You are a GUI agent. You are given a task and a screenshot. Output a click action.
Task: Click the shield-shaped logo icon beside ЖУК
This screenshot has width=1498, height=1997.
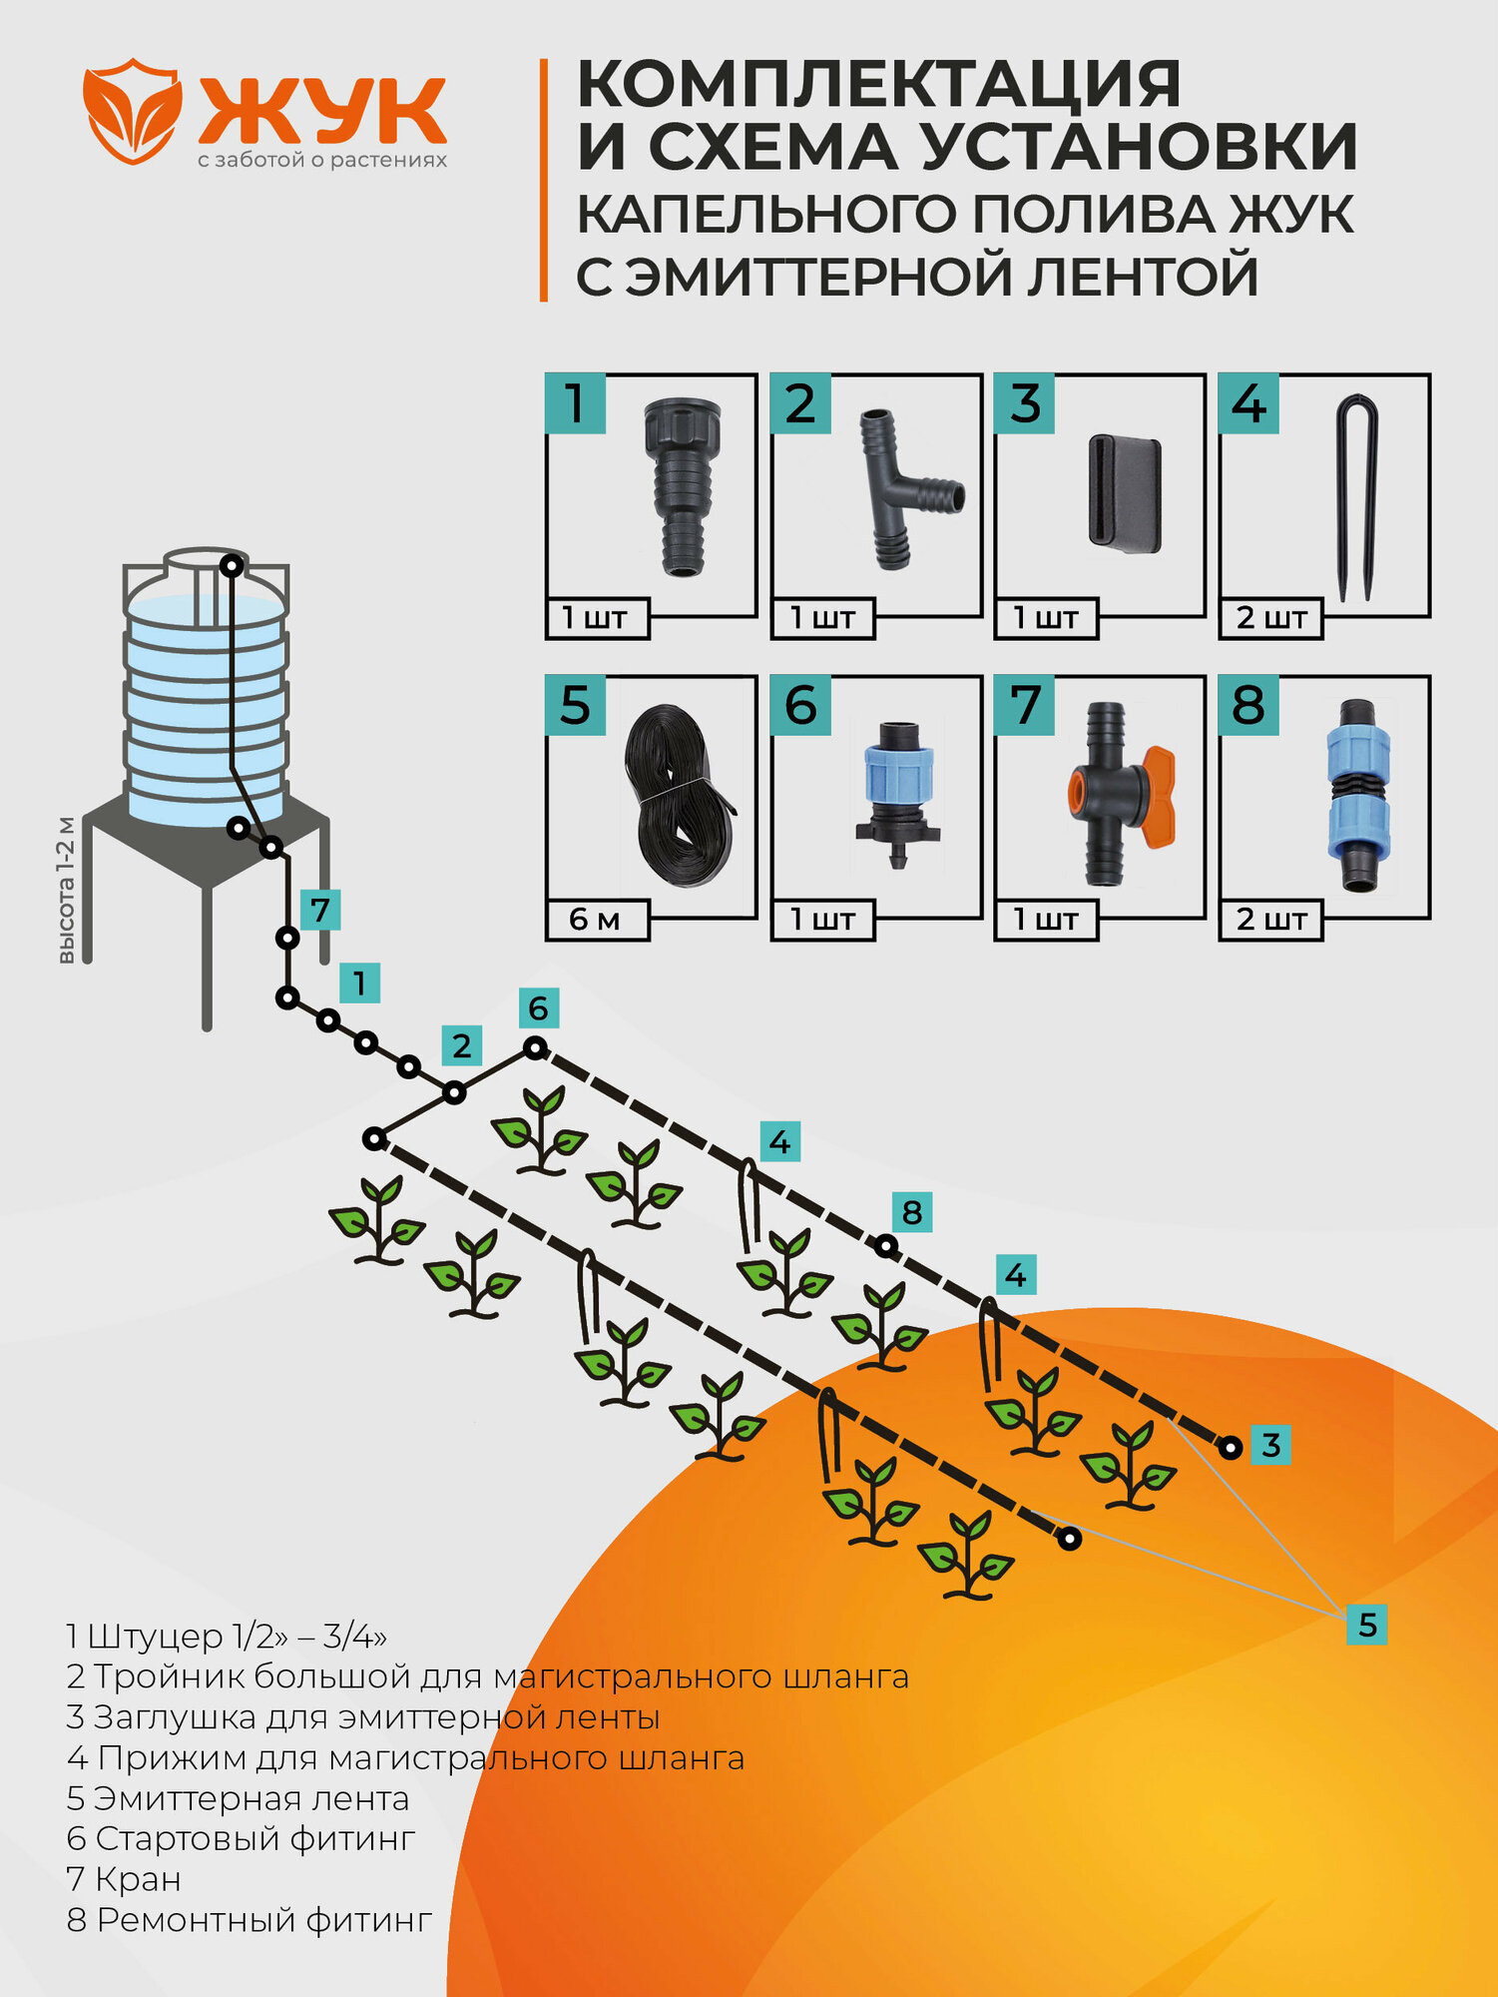(x=133, y=111)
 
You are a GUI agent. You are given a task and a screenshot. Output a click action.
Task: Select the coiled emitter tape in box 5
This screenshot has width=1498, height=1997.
(x=678, y=795)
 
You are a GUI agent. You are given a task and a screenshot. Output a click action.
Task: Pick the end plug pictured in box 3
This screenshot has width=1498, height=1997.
(x=1125, y=492)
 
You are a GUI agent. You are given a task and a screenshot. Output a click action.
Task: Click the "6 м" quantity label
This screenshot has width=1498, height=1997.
(x=596, y=920)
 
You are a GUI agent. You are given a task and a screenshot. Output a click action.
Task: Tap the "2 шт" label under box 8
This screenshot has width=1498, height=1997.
(x=1270, y=920)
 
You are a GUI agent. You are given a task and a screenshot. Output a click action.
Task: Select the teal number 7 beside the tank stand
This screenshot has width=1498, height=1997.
(x=319, y=911)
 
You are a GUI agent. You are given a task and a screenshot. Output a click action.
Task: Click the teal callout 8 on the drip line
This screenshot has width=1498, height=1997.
(x=911, y=1212)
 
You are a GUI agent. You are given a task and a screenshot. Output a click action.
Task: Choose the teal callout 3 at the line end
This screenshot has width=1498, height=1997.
(x=1270, y=1445)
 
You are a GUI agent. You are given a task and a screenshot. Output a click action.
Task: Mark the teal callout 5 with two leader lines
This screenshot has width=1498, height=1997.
(x=1366, y=1625)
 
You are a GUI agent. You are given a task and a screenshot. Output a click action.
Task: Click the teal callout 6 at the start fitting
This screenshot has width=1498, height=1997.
(x=538, y=1008)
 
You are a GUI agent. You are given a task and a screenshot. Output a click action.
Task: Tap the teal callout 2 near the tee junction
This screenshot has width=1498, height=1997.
(x=461, y=1046)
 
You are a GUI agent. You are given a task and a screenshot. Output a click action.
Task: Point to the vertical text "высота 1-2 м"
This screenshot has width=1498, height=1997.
(x=66, y=890)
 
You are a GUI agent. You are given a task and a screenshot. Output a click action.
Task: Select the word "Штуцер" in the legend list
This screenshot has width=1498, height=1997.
(x=155, y=1637)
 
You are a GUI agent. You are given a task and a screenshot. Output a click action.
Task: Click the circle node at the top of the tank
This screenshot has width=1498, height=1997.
(x=232, y=566)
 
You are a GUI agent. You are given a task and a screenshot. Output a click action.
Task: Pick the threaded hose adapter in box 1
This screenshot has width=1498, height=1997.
(x=683, y=484)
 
